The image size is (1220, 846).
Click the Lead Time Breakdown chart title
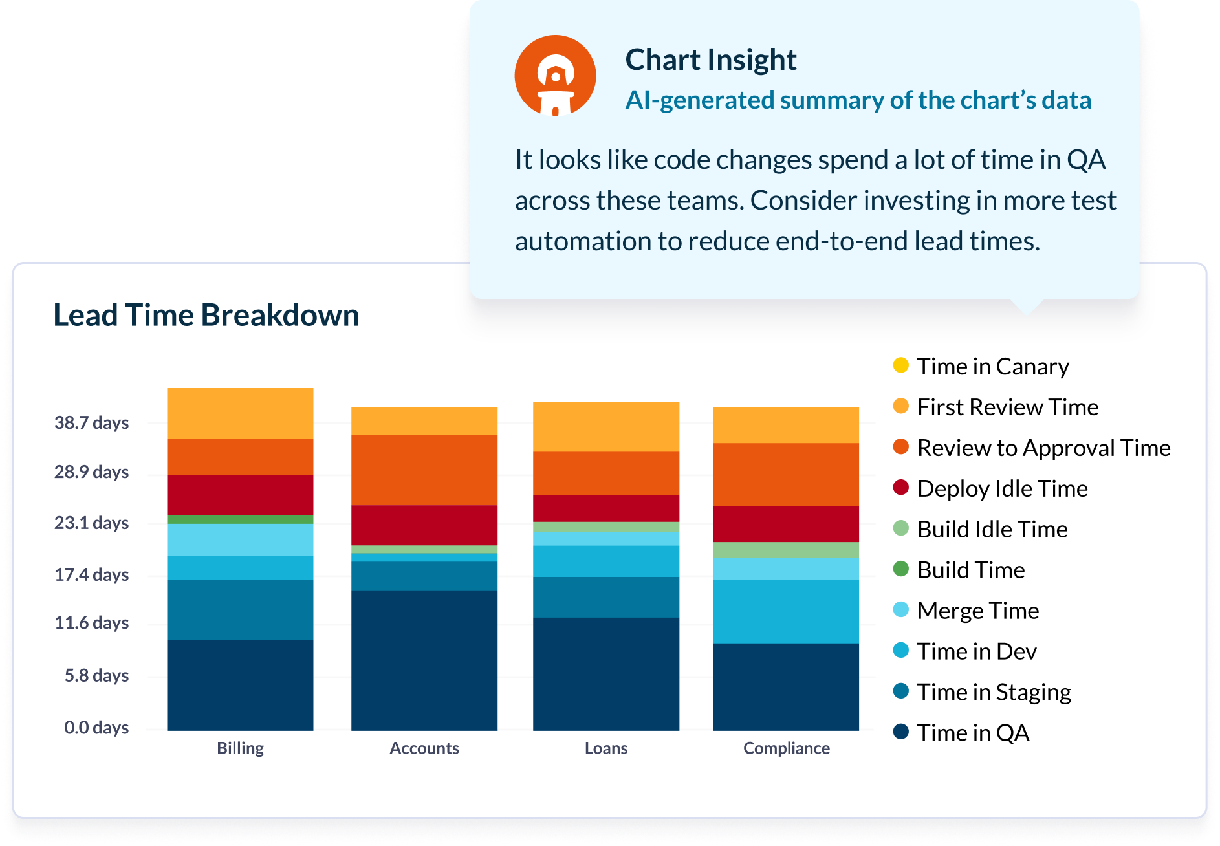[206, 316]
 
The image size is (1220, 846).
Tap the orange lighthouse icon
[555, 76]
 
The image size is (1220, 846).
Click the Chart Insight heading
[710, 60]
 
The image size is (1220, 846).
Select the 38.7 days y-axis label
[91, 423]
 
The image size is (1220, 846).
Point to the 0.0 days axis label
[96, 728]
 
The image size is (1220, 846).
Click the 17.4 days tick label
[91, 574]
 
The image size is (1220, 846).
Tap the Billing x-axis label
[240, 748]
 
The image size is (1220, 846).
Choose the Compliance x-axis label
[786, 748]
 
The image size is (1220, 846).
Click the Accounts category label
[424, 748]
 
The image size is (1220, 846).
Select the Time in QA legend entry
[972, 733]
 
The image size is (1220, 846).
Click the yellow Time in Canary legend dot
[900, 365]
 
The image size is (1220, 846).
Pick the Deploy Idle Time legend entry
[1001, 488]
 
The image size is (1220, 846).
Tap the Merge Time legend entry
[977, 611]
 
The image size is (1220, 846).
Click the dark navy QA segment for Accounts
[424, 660]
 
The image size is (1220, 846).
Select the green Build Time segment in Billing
[240, 519]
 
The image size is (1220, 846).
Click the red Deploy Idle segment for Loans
[606, 508]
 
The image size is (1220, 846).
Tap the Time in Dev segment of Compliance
[786, 611]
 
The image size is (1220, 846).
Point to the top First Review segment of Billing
[240, 413]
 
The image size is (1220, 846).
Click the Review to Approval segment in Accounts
[424, 470]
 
